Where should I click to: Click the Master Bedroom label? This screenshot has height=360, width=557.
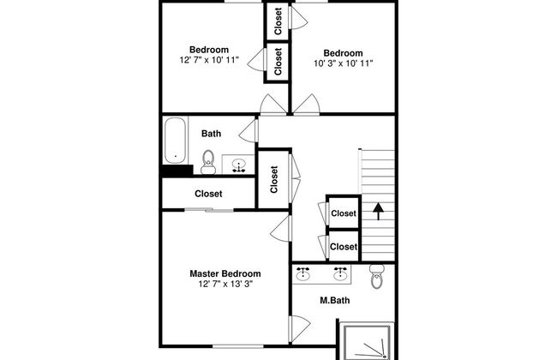pos(225,273)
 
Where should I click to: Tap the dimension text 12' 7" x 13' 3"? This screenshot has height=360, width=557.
pos(225,284)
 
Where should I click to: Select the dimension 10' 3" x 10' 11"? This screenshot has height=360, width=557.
pos(343,63)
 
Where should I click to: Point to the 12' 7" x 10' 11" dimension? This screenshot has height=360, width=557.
pos(209,60)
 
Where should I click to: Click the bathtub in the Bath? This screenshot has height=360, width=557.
pos(175,141)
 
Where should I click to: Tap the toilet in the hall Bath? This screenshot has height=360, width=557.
pos(208,162)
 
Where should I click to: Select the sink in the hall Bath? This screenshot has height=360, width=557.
pos(239,165)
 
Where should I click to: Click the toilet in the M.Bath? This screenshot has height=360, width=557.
pos(376,277)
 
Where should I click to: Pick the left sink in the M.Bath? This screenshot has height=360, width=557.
pos(302,274)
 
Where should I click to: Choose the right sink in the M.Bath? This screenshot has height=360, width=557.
pos(340,274)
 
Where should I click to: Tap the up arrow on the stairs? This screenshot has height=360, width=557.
pos(378,211)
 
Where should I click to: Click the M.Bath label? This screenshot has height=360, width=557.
pos(334,300)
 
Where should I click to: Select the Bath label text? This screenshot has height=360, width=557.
pos(211,134)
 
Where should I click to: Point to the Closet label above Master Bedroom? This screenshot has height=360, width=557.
pos(208,194)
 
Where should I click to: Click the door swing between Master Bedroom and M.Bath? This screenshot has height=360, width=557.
pos(299,328)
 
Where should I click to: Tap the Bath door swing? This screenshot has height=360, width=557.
pos(248,131)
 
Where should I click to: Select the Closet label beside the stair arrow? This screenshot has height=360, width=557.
pos(344,213)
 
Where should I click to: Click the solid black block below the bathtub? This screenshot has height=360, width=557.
pos(177,171)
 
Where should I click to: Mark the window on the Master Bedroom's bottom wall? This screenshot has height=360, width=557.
pos(238,345)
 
